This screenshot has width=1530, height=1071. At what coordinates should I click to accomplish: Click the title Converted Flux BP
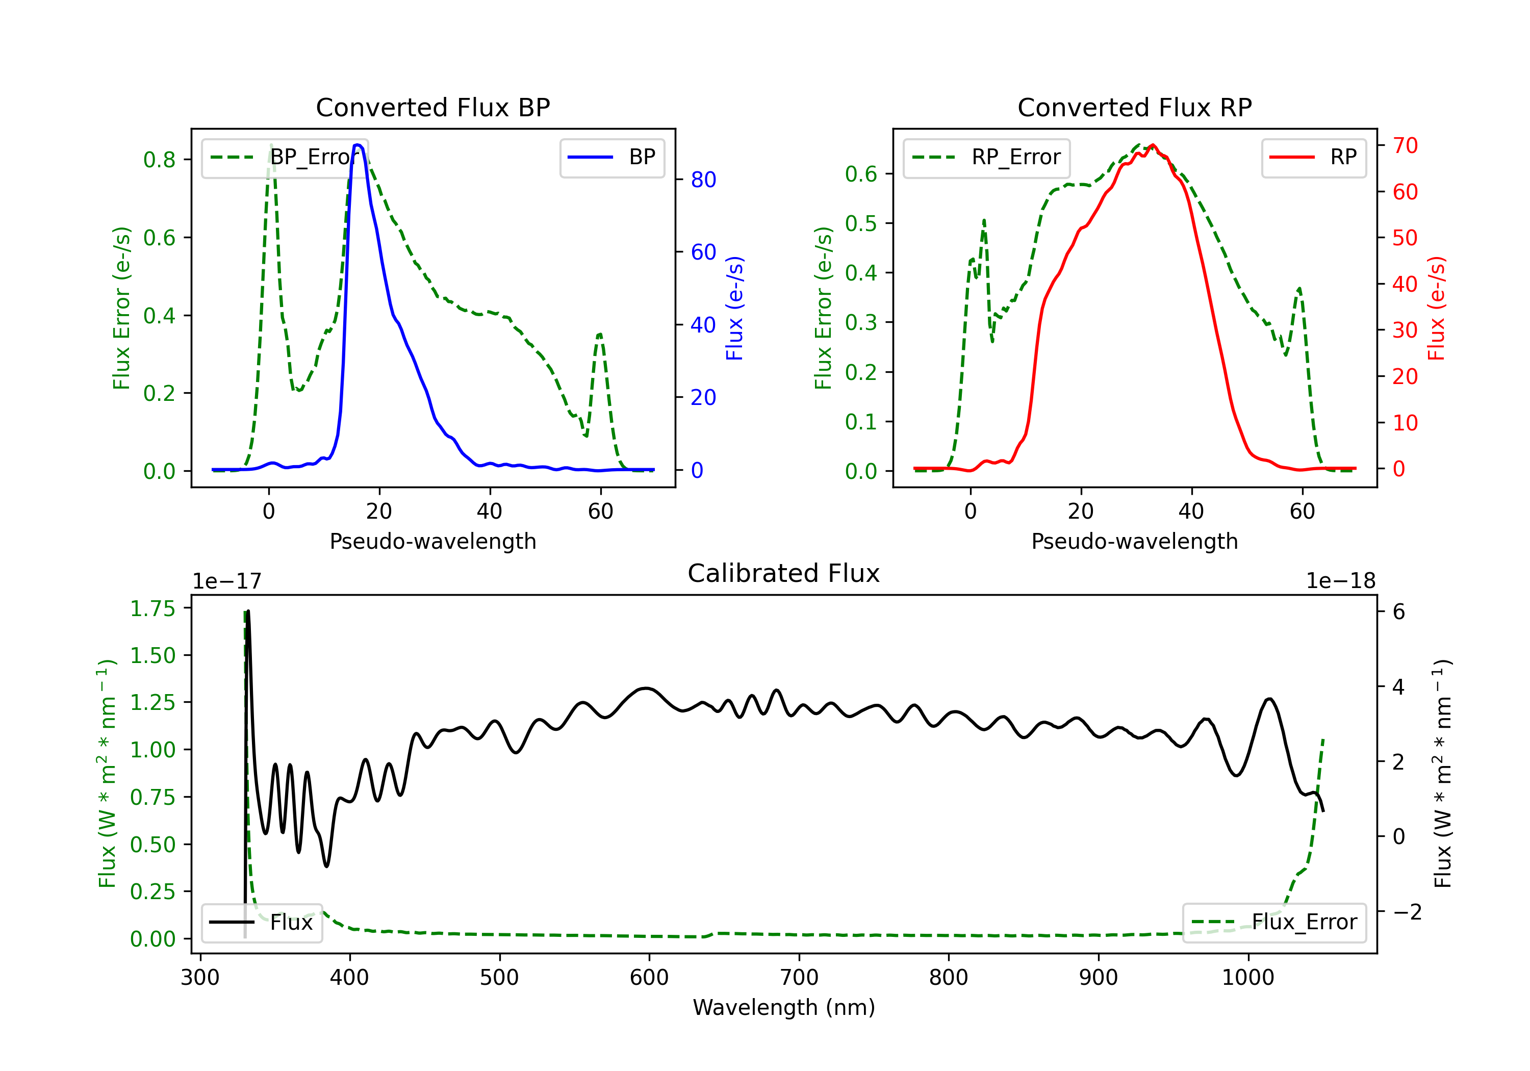click(x=432, y=107)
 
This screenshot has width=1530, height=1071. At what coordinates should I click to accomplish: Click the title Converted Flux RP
click(x=1134, y=107)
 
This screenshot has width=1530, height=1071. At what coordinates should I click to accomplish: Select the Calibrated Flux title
click(x=784, y=573)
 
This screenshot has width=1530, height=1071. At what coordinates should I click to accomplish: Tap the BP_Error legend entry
click(x=285, y=157)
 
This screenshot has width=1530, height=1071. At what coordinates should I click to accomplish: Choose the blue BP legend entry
click(x=611, y=157)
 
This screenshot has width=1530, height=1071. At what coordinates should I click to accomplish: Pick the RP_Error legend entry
click(x=986, y=157)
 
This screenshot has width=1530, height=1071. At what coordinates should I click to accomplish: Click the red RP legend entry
click(x=1313, y=157)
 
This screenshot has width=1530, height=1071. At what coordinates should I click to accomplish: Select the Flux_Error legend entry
click(x=1274, y=923)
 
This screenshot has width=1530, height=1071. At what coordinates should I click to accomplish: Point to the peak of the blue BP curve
click(x=359, y=145)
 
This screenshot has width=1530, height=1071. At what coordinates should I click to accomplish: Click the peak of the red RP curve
click(x=1153, y=145)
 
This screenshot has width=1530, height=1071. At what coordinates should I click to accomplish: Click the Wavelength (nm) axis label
click(x=784, y=1007)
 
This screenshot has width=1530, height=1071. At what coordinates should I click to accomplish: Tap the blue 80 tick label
click(x=703, y=180)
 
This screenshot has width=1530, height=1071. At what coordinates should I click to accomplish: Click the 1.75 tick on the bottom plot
click(x=152, y=608)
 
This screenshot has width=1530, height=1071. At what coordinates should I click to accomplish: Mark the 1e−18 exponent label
click(x=1341, y=581)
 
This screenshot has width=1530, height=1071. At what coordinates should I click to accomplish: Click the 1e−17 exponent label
click(x=227, y=581)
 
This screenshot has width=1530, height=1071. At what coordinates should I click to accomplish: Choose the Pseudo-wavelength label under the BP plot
click(x=432, y=541)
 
